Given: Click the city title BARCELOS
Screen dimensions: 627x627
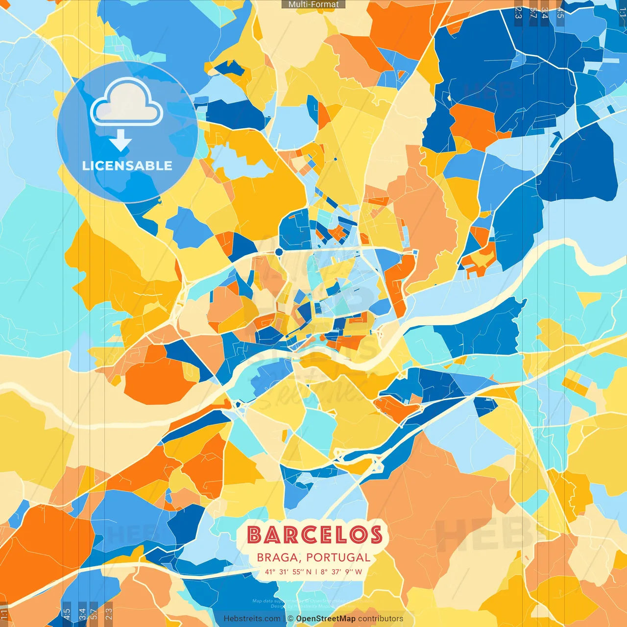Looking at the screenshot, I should pos(314,534).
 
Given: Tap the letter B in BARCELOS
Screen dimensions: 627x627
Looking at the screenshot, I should pos(255,534).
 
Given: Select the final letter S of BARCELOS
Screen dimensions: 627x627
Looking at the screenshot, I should pos(376,534).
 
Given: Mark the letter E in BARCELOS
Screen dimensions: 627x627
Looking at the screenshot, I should pos(323,534).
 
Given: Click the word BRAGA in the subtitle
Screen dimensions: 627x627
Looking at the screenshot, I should pos(277,557).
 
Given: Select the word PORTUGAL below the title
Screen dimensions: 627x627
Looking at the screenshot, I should pos(338,557).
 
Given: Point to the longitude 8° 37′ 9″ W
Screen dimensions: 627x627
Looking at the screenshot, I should pos(341,572).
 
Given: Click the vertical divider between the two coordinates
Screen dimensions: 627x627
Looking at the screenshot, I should pos(316,572).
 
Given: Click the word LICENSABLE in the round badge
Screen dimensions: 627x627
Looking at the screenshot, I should pos(127,166).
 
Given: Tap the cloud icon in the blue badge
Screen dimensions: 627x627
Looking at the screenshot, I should pos(127,103).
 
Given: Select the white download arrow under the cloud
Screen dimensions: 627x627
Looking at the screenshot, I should pos(121,142).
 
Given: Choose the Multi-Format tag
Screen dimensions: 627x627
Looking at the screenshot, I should pos(313,4).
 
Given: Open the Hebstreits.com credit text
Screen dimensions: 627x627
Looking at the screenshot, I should pos(252,619).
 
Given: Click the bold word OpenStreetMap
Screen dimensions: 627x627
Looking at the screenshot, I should pos(326,619).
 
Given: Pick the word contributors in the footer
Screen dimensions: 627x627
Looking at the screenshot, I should pos(381,619).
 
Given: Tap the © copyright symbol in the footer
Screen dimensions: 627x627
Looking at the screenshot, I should pos(290,619).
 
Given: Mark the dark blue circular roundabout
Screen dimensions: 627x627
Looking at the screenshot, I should pos(279,252).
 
